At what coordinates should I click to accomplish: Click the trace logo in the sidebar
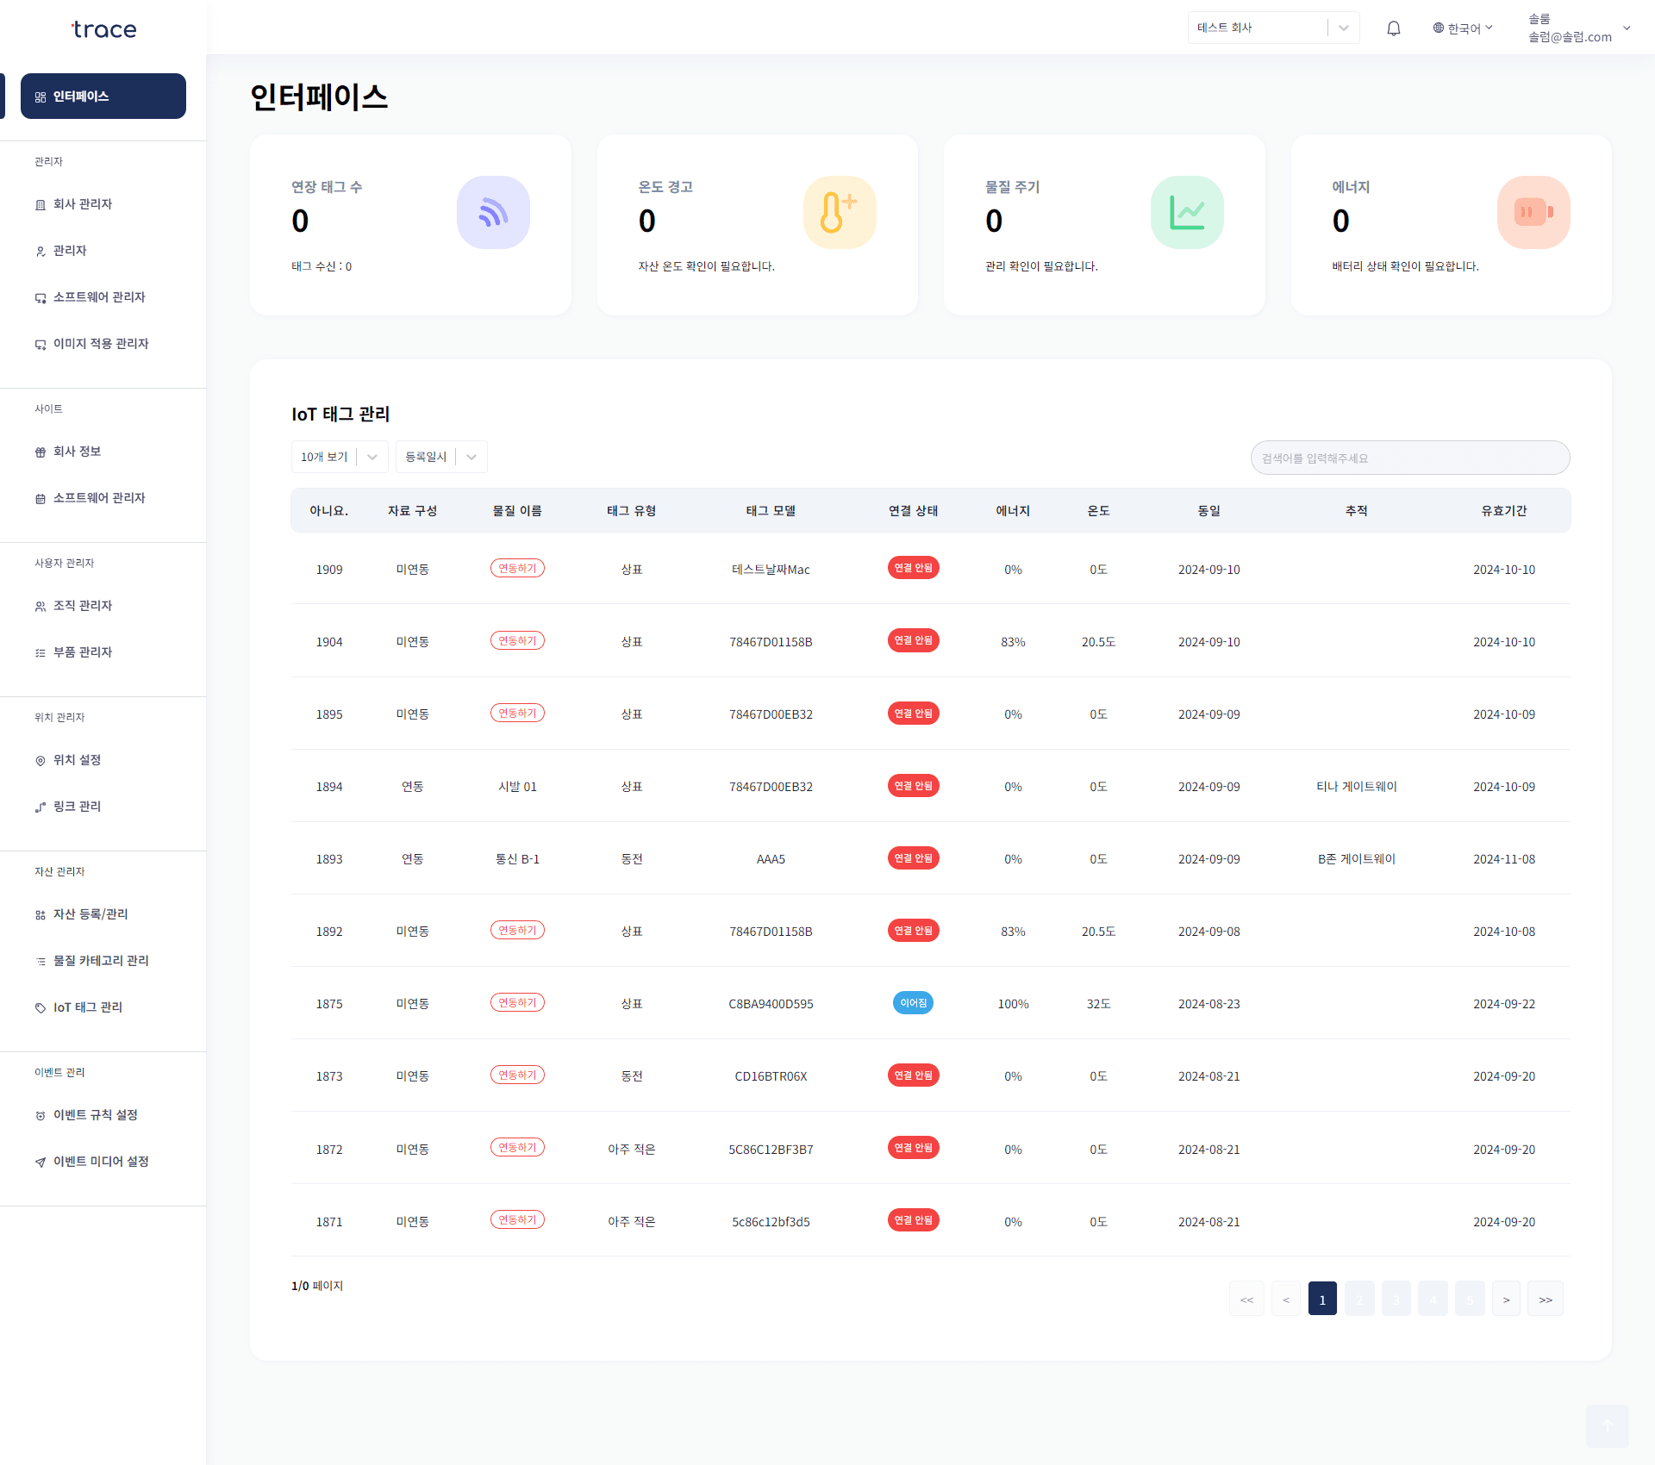103,30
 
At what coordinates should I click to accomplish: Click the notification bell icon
1393,28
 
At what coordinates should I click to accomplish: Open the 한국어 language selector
1462,28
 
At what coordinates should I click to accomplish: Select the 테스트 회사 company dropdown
1272,28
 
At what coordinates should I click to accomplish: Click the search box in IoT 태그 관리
1409,458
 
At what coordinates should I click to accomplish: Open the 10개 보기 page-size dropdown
340,457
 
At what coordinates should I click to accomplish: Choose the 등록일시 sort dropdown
441,457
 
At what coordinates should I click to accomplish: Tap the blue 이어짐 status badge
913,1003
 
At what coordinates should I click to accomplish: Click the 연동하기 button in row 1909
517,569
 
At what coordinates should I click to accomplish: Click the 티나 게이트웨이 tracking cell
1356,787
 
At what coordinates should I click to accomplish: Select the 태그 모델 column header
771,511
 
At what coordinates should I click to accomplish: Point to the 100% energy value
1013,1004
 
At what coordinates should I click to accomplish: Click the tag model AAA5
771,859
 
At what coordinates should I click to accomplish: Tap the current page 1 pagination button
1322,1300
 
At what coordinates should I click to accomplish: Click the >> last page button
1545,1300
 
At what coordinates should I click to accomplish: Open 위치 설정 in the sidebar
78,760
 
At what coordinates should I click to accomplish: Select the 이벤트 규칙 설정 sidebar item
95,1115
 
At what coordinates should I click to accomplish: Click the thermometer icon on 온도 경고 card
839,213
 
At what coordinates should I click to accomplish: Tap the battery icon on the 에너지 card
1533,213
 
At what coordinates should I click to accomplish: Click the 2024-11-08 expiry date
1503,859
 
